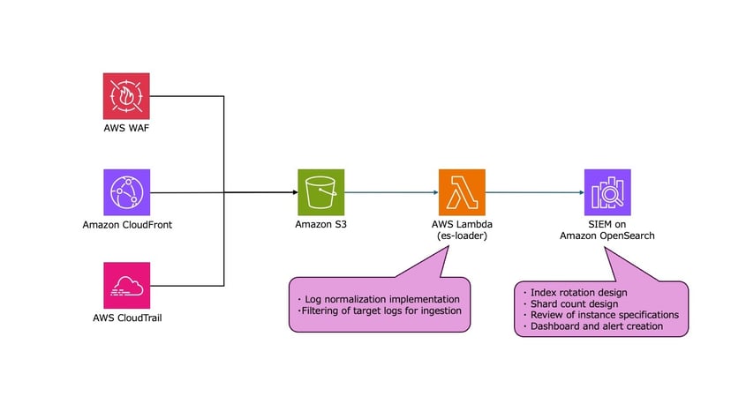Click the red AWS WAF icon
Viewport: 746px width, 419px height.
tap(126, 96)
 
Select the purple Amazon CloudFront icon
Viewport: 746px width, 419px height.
tap(126, 191)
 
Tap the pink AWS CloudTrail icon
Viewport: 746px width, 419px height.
tap(126, 285)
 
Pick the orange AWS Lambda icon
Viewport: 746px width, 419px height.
tap(462, 191)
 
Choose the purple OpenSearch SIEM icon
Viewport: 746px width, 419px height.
tap(607, 191)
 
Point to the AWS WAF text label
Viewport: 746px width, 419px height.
tap(127, 129)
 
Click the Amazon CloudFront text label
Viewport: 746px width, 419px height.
tap(127, 225)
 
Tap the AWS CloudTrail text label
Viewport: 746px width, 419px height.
tap(127, 318)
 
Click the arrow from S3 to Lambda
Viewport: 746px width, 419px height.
tap(391, 191)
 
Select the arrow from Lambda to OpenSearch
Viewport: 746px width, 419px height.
tap(533, 191)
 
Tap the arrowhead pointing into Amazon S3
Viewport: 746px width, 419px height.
tap(292, 191)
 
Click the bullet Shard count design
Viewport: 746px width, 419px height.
tap(573, 304)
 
